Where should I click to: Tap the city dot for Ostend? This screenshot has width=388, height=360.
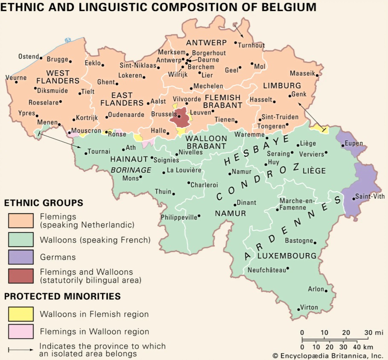click(x=41, y=57)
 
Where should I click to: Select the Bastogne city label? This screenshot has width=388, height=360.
click(x=299, y=241)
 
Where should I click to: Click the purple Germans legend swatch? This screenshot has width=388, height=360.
click(x=20, y=257)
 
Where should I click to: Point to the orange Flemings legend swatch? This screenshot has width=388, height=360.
click(x=20, y=221)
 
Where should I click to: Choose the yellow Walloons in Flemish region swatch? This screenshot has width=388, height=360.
click(x=20, y=314)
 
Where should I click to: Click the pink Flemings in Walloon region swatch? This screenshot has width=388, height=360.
click(x=20, y=331)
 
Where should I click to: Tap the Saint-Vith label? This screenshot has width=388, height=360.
click(x=368, y=197)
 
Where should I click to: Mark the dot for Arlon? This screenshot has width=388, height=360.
click(x=326, y=291)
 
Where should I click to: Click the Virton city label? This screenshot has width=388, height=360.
click(x=309, y=307)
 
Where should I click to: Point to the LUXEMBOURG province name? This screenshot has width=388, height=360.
click(x=287, y=256)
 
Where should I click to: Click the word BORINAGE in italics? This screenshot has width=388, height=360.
click(x=131, y=170)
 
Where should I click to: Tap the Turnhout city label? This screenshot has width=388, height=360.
click(x=251, y=45)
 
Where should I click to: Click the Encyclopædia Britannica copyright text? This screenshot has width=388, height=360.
click(x=328, y=355)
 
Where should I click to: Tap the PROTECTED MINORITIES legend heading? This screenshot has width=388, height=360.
click(x=62, y=296)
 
